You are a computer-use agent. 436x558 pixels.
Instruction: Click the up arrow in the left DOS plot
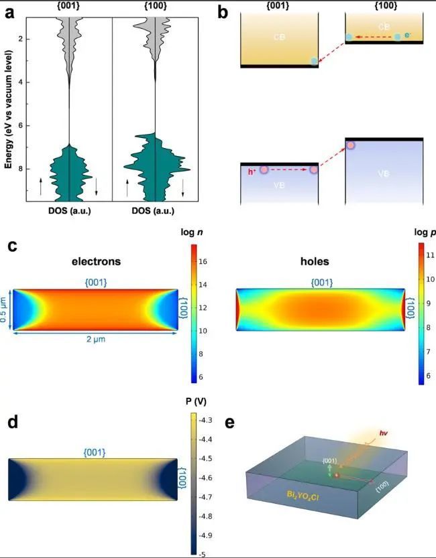click(x=40, y=186)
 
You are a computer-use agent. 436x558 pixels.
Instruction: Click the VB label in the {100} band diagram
click(x=383, y=173)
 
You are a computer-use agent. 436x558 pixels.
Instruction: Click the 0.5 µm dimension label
click(x=5, y=309)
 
